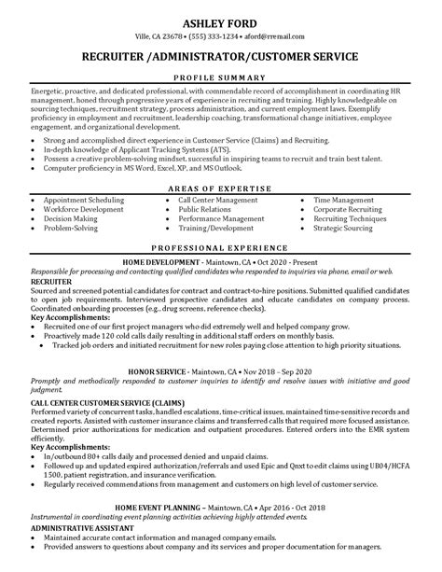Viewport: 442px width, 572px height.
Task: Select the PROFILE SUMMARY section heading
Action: (x=220, y=74)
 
